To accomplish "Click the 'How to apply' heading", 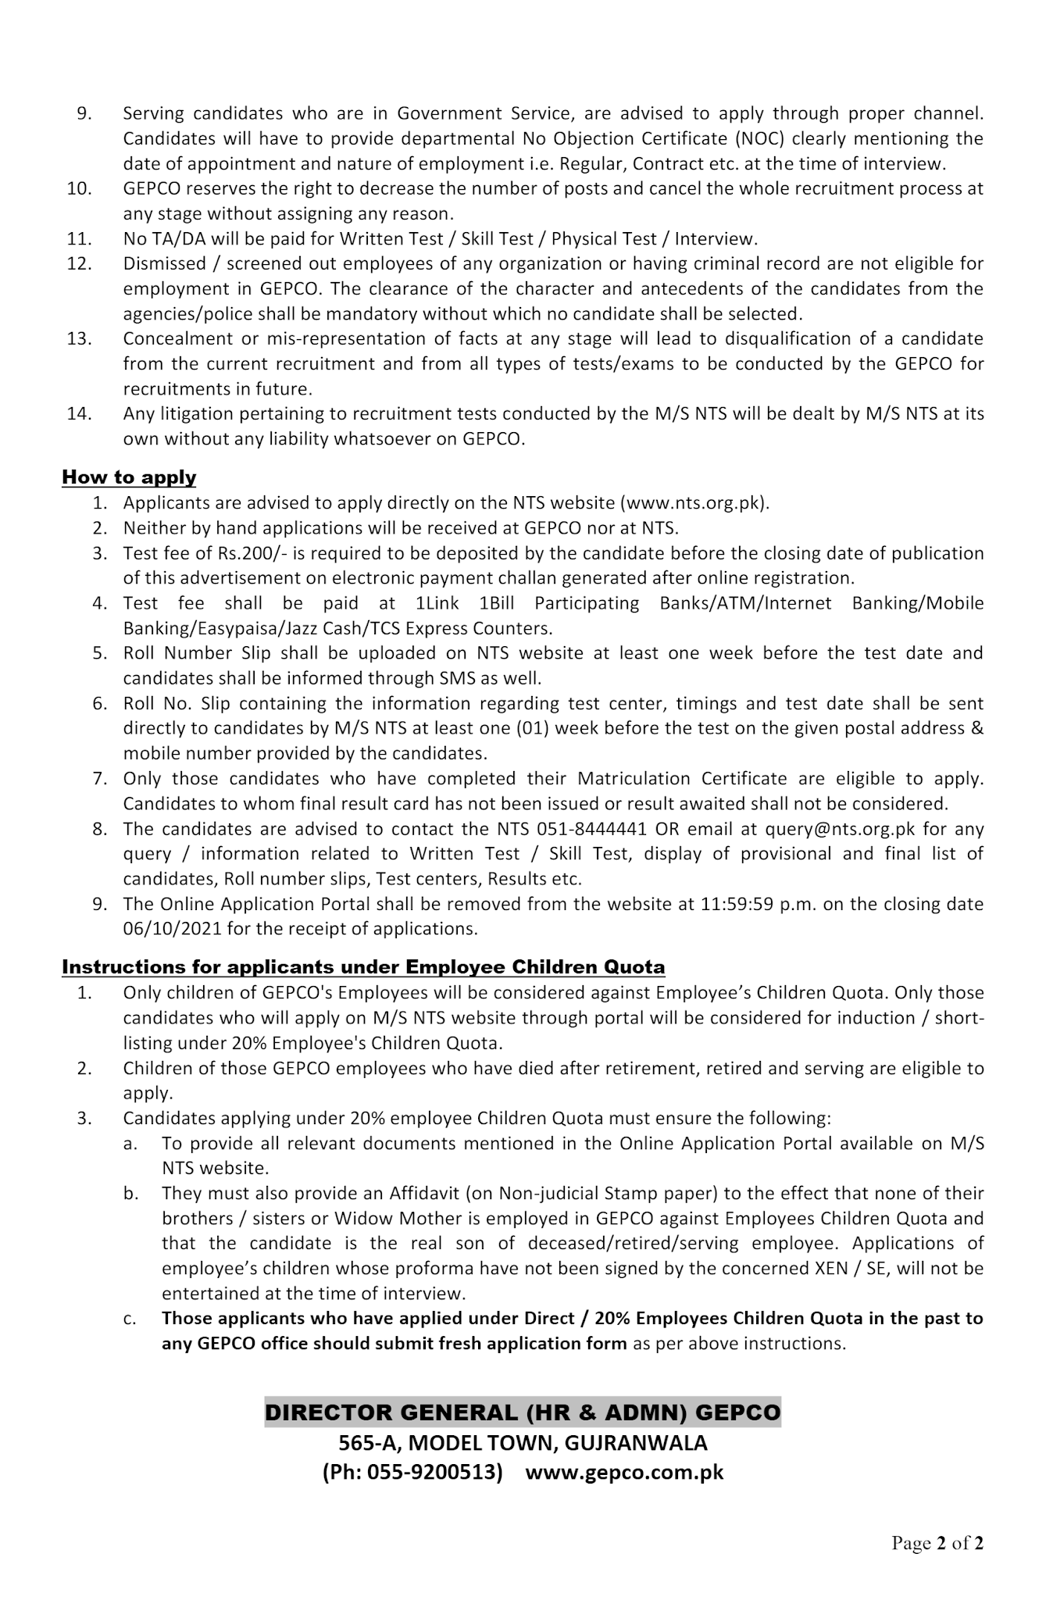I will pyautogui.click(x=129, y=477).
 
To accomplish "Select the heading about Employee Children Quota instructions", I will pyautogui.click(x=363, y=967).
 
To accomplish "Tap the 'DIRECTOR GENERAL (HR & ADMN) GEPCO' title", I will pyautogui.click(x=523, y=1412).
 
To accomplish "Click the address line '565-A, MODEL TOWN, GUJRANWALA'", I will pyautogui.click(x=523, y=1442).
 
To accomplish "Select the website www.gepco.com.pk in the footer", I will pyautogui.click(x=624, y=1473).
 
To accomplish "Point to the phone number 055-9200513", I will pyautogui.click(x=433, y=1473).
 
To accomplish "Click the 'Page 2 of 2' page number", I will pyautogui.click(x=937, y=1543).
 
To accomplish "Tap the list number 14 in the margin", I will pyautogui.click(x=80, y=414).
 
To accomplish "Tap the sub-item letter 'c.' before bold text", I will pyautogui.click(x=130, y=1320).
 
